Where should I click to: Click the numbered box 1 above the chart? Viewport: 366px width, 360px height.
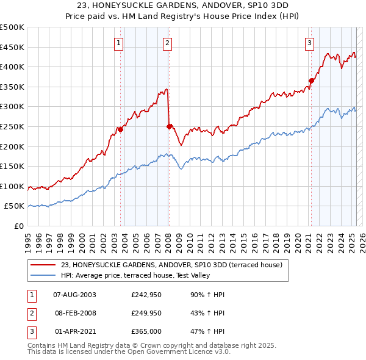click(118, 43)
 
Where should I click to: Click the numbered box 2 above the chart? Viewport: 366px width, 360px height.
click(167, 43)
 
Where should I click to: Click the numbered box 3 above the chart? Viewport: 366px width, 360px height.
click(310, 43)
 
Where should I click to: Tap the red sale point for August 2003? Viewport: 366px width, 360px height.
click(121, 129)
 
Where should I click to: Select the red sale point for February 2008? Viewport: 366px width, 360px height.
click(169, 126)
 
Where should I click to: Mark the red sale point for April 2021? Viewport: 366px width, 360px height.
click(311, 81)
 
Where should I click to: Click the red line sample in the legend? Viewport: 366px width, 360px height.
click(43, 265)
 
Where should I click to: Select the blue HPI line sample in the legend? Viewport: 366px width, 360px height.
click(43, 276)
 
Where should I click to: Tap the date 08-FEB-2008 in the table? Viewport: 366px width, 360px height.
click(76, 313)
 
